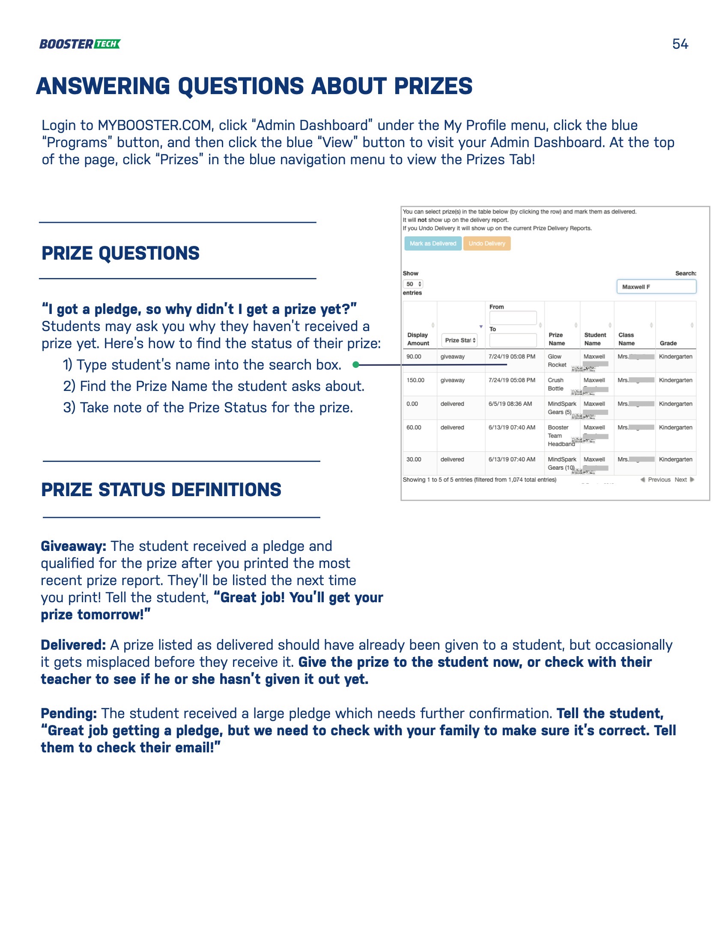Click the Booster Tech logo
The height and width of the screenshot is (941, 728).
[x=80, y=44]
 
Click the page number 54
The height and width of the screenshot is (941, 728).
[x=680, y=44]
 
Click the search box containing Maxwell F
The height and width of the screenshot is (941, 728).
[x=656, y=287]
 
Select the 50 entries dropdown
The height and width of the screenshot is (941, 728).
[x=413, y=284]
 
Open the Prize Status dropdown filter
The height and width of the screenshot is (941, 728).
[x=460, y=340]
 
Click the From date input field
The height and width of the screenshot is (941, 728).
[x=513, y=318]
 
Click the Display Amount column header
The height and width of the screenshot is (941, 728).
[x=418, y=339]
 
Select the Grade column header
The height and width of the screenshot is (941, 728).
[x=668, y=343]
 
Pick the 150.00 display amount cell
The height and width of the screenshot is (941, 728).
[x=415, y=380]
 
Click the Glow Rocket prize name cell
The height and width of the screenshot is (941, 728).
[x=557, y=361]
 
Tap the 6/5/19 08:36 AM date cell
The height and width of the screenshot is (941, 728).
[x=510, y=404]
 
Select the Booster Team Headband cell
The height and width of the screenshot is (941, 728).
[x=560, y=435]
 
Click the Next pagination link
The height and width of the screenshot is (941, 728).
[x=681, y=479]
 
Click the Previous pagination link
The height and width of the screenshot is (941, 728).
[x=659, y=479]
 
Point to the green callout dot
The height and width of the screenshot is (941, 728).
[x=356, y=365]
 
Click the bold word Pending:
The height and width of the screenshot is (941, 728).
[x=69, y=713]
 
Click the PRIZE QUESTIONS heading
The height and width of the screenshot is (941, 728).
[x=120, y=253]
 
